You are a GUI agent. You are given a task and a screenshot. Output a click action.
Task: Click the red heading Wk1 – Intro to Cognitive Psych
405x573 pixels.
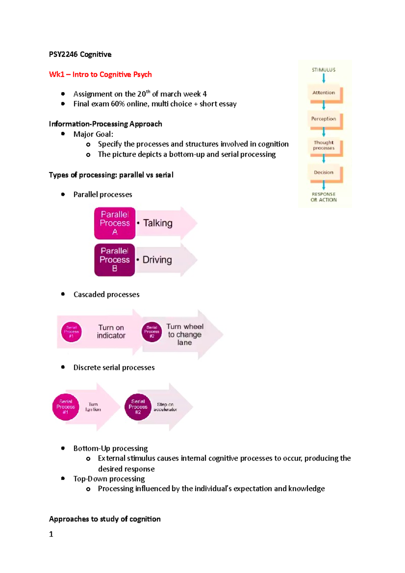100,74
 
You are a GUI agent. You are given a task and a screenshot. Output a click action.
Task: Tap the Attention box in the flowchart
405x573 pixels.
324,93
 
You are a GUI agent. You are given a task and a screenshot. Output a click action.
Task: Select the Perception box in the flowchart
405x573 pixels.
324,119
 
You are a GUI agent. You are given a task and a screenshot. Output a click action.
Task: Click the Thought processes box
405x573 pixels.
324,145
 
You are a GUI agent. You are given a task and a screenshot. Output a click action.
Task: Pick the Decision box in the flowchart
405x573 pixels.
324,172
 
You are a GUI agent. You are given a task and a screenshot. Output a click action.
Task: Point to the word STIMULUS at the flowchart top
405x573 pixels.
324,70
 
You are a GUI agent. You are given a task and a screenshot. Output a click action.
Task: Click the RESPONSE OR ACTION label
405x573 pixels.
324,197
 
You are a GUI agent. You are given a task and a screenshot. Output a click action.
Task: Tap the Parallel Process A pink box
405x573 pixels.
115,223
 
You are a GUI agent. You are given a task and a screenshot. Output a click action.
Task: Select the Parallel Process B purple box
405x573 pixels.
115,260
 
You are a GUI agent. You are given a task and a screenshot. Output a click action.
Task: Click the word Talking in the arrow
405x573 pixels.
158,223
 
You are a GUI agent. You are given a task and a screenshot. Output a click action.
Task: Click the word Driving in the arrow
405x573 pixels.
157,260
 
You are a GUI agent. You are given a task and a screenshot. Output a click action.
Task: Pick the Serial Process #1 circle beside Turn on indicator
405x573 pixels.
71,332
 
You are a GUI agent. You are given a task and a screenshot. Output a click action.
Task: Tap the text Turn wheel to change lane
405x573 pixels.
185,334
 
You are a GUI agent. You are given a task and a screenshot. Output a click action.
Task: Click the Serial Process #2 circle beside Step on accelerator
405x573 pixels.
138,407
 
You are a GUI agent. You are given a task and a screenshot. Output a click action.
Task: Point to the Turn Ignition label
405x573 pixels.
93,407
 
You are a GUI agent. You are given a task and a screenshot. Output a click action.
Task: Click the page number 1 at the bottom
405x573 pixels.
51,534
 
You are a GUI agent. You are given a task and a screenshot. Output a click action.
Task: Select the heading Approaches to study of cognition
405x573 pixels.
105,519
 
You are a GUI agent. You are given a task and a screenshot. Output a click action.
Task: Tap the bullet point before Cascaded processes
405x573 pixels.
63,294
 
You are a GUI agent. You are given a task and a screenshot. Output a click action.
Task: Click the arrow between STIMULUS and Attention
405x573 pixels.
324,79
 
